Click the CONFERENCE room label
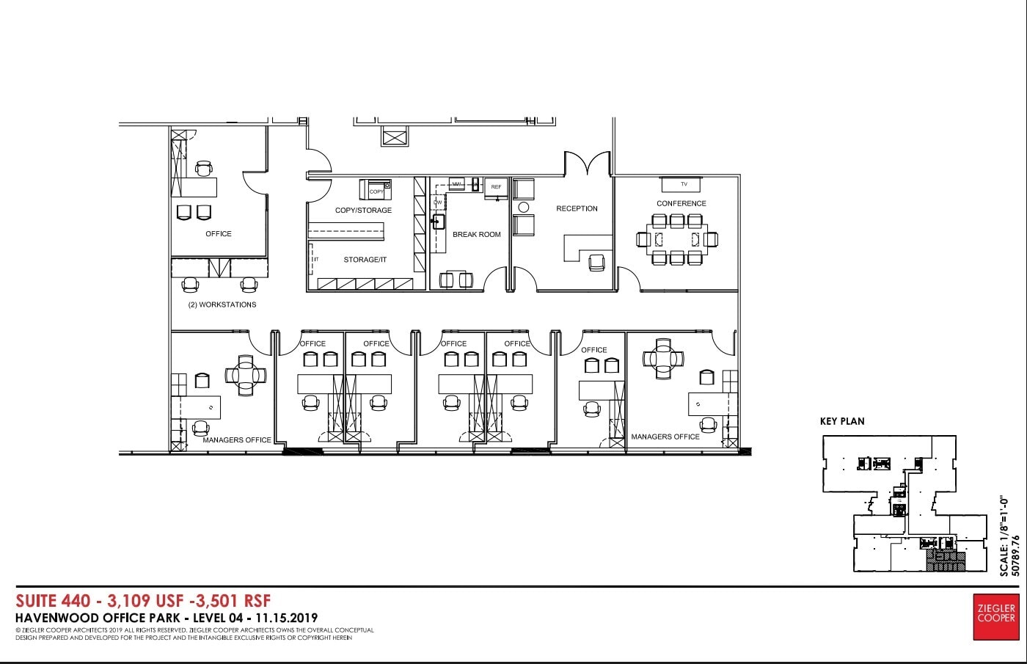pyautogui.click(x=681, y=203)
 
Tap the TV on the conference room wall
pyautogui.click(x=684, y=184)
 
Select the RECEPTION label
pyautogui.click(x=577, y=208)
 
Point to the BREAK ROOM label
pyautogui.click(x=476, y=235)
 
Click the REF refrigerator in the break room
pyautogui.click(x=496, y=187)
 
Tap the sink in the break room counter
pyautogui.click(x=439, y=221)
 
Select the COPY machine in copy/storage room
pyautogui.click(x=375, y=190)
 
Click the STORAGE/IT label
pyautogui.click(x=365, y=260)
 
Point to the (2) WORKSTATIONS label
pyautogui.click(x=222, y=304)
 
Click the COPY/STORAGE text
pyautogui.click(x=363, y=211)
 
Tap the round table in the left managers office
pyautogui.click(x=243, y=375)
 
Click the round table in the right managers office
pyautogui.click(x=663, y=358)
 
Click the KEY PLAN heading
pyautogui.click(x=842, y=421)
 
